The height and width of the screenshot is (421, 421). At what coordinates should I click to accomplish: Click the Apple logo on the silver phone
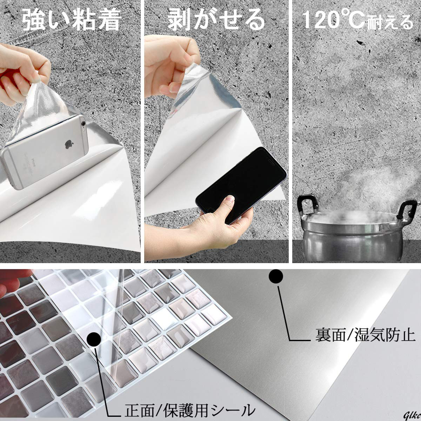69,145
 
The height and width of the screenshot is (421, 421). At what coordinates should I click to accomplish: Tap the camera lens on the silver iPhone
83,123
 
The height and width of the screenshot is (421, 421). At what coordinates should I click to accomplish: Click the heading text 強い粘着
72,20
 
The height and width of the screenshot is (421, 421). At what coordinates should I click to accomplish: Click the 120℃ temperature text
333,20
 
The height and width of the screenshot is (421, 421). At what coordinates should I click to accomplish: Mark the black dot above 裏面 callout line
276,276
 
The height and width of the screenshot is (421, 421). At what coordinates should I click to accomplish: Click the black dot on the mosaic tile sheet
94,339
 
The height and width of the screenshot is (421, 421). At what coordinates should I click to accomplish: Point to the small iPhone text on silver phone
34,162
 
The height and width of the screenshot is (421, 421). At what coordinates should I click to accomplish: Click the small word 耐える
390,22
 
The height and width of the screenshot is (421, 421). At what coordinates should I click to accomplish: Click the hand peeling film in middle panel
171,66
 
